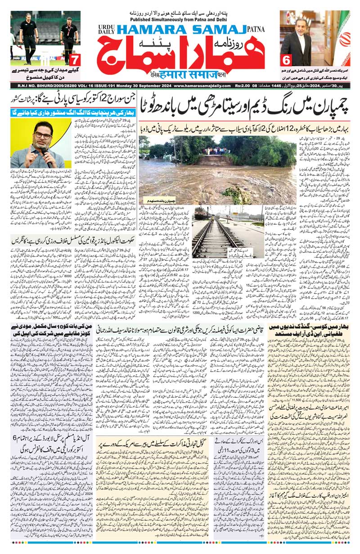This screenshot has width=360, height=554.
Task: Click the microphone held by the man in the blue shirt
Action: point(45,154)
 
